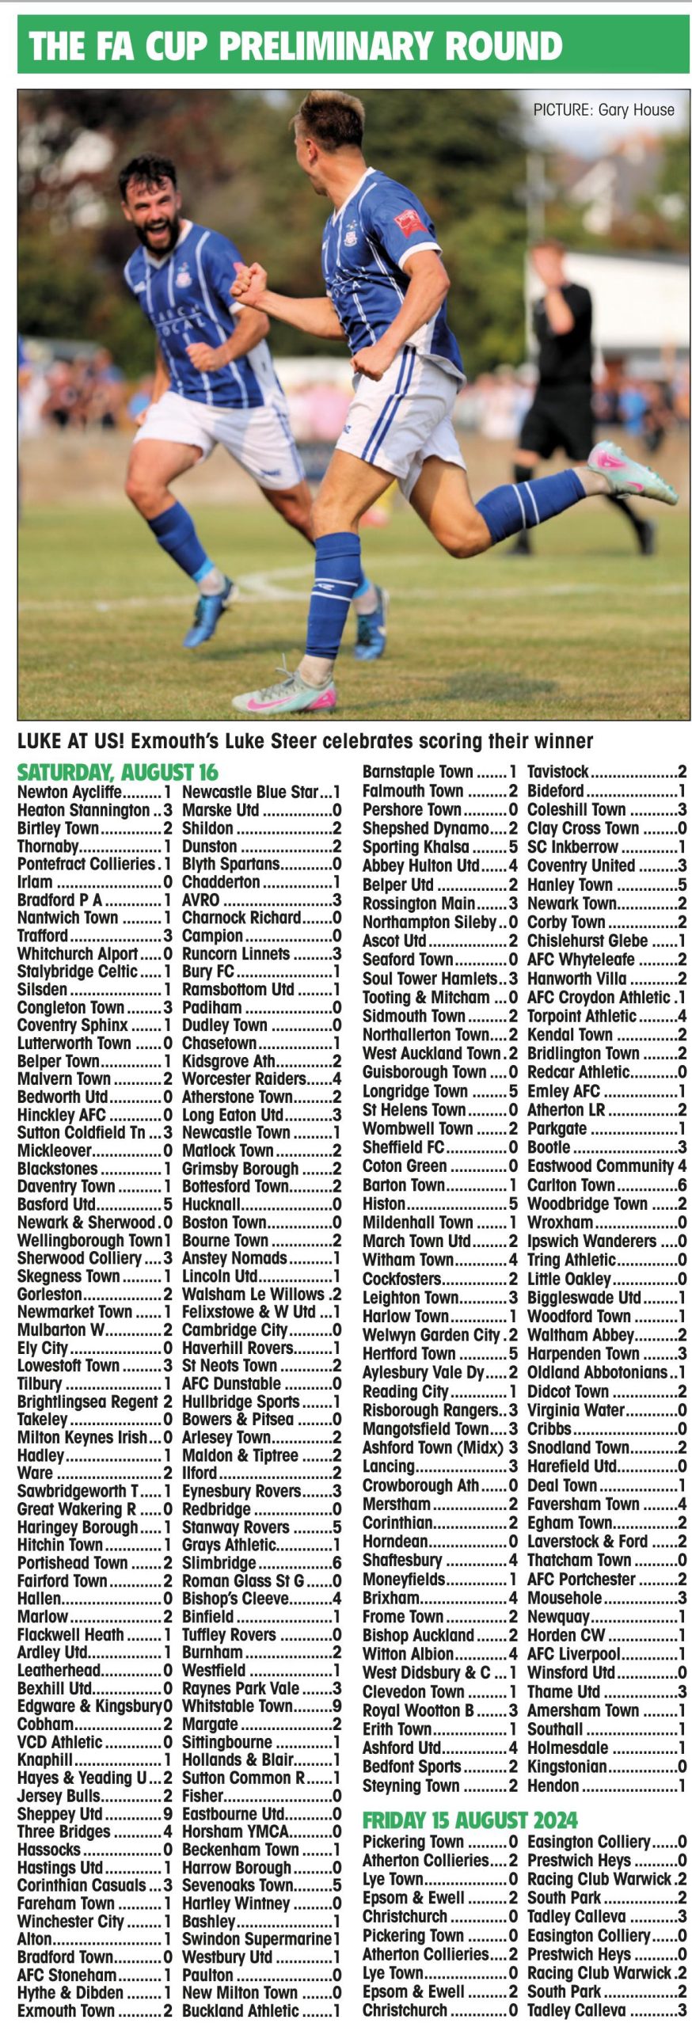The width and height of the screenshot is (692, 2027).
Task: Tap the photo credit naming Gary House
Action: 603,110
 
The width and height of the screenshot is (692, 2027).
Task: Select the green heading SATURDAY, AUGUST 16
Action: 118,772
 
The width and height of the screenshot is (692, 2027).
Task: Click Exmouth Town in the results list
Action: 66,2011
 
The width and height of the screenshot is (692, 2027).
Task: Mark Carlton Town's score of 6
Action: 682,1185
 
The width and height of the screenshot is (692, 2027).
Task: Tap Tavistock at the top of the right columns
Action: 558,772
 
